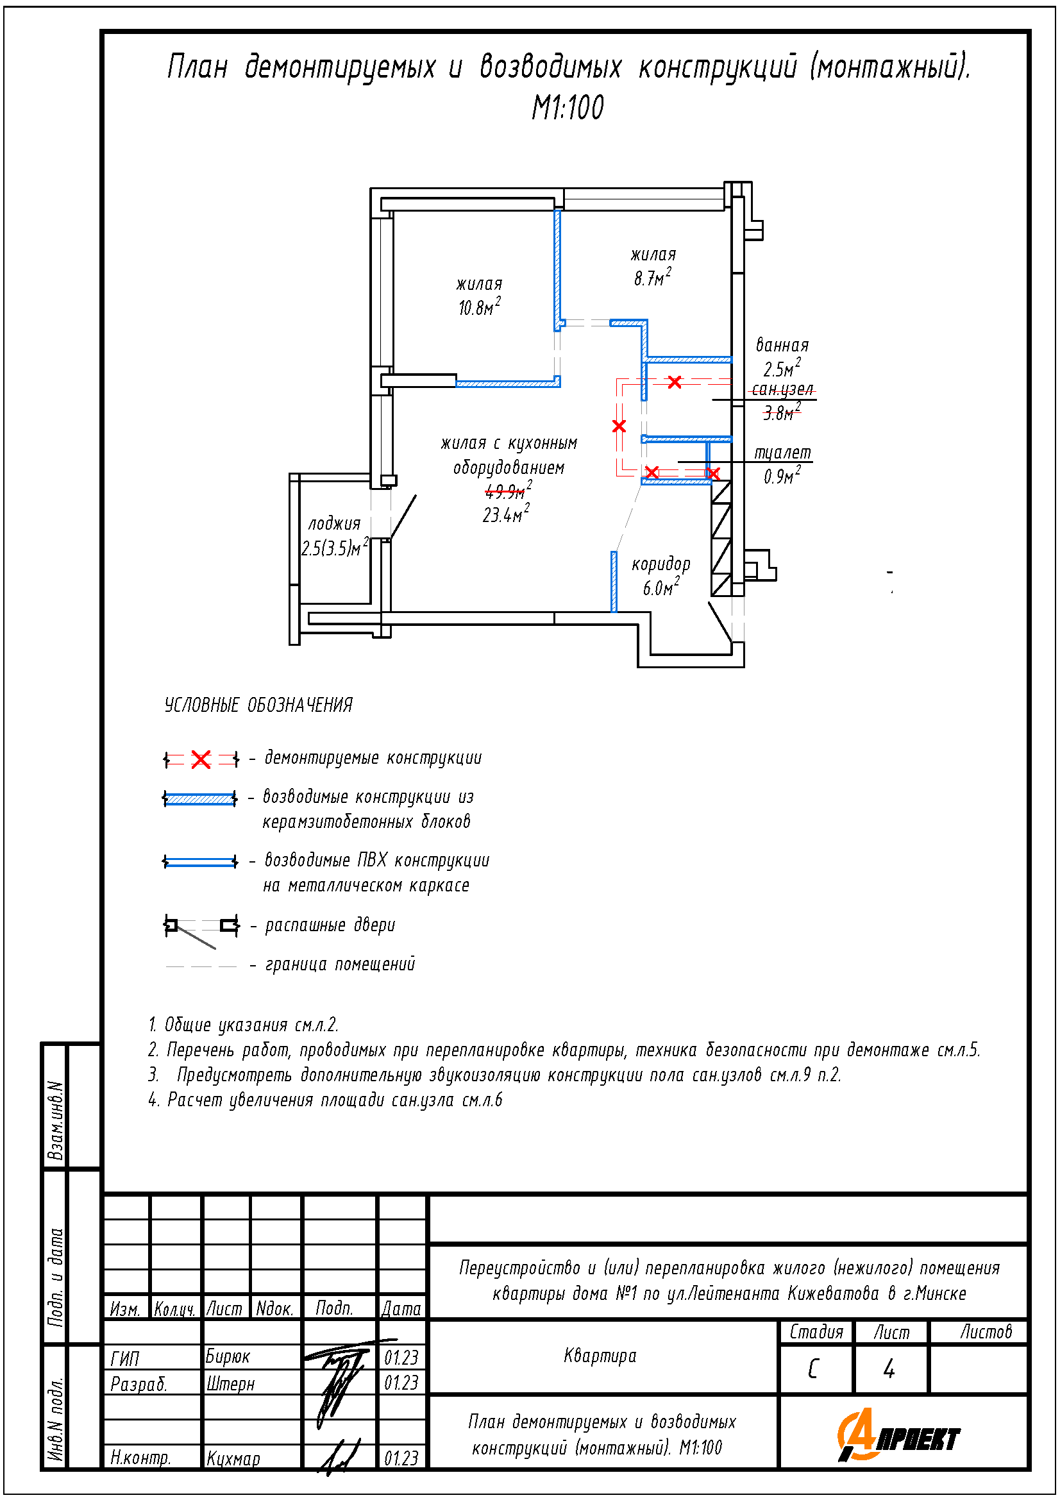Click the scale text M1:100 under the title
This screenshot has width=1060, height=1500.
click(x=567, y=108)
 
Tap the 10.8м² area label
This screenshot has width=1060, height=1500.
click(x=479, y=307)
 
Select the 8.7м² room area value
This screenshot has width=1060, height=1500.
click(x=651, y=278)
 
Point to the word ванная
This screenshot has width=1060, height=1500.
click(x=782, y=345)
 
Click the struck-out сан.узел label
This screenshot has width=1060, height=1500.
click(x=782, y=390)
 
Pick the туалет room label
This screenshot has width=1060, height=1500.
click(x=782, y=453)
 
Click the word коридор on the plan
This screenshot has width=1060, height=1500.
click(x=660, y=564)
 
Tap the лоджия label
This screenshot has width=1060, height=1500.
click(x=333, y=523)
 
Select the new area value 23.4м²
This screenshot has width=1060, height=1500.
click(x=505, y=514)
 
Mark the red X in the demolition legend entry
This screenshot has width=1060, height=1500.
click(x=201, y=759)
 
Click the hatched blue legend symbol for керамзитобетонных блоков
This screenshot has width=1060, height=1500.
click(x=200, y=798)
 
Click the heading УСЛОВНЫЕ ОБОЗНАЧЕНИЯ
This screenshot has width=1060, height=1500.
click(x=258, y=705)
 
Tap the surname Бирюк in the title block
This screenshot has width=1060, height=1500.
click(x=227, y=1357)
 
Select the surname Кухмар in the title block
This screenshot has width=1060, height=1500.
click(x=233, y=1459)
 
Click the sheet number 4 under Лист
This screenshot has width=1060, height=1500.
click(x=889, y=1369)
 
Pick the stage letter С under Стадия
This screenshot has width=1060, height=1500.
click(x=813, y=1369)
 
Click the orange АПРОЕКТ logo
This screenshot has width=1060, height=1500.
click(x=898, y=1436)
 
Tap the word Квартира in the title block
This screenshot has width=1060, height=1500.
click(x=600, y=1356)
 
